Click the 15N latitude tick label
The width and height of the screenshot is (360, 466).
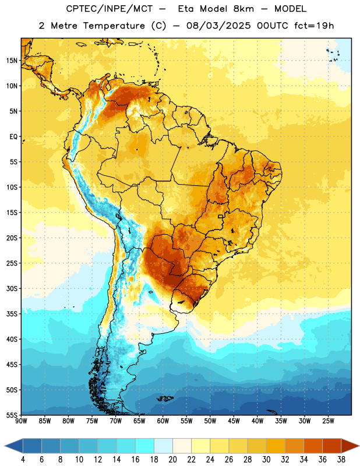click(12, 61)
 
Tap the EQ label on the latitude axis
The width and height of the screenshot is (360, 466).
click(13, 137)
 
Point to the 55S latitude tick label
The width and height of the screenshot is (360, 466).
click(12, 415)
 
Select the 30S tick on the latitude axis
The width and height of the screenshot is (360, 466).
click(12, 288)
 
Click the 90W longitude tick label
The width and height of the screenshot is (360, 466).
click(22, 421)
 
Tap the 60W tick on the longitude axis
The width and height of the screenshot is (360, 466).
click(163, 421)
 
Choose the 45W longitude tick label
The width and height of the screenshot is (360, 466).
click(234, 421)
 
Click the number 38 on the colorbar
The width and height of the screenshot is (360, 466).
click(341, 460)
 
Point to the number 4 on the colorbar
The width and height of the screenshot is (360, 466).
click(23, 460)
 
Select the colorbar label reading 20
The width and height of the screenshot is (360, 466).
click(172, 460)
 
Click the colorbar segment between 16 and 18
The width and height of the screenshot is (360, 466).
click(145, 446)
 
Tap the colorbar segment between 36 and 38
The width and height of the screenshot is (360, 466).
click(332, 446)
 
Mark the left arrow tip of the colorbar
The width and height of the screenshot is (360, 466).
click(5, 446)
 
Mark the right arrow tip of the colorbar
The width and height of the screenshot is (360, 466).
click(359, 446)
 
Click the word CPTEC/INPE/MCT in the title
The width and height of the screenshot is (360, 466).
click(110, 9)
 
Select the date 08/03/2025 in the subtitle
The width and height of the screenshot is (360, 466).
click(218, 26)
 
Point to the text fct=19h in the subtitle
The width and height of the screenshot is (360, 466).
click(314, 26)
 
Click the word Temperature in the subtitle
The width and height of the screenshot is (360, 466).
click(114, 26)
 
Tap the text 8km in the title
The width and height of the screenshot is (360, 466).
click(243, 9)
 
